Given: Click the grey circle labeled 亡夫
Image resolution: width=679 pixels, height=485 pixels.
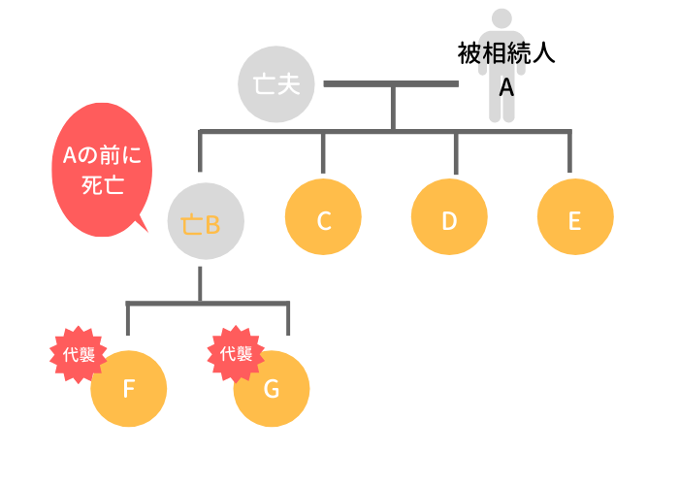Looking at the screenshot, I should point(275,84).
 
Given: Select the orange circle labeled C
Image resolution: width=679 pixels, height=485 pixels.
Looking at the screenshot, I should point(324,220).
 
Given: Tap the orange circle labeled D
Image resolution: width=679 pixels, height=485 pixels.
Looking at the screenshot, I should point(449,220).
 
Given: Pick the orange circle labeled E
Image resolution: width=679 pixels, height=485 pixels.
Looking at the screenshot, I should point(574,220).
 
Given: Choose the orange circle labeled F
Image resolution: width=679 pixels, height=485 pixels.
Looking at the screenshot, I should point(129,389).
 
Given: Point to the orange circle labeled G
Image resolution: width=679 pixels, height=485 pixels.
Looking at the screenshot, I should point(272,389).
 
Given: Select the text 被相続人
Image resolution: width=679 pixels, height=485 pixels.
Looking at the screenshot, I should point(505,53).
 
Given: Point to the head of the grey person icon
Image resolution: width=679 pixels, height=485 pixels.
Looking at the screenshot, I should point(501,20).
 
